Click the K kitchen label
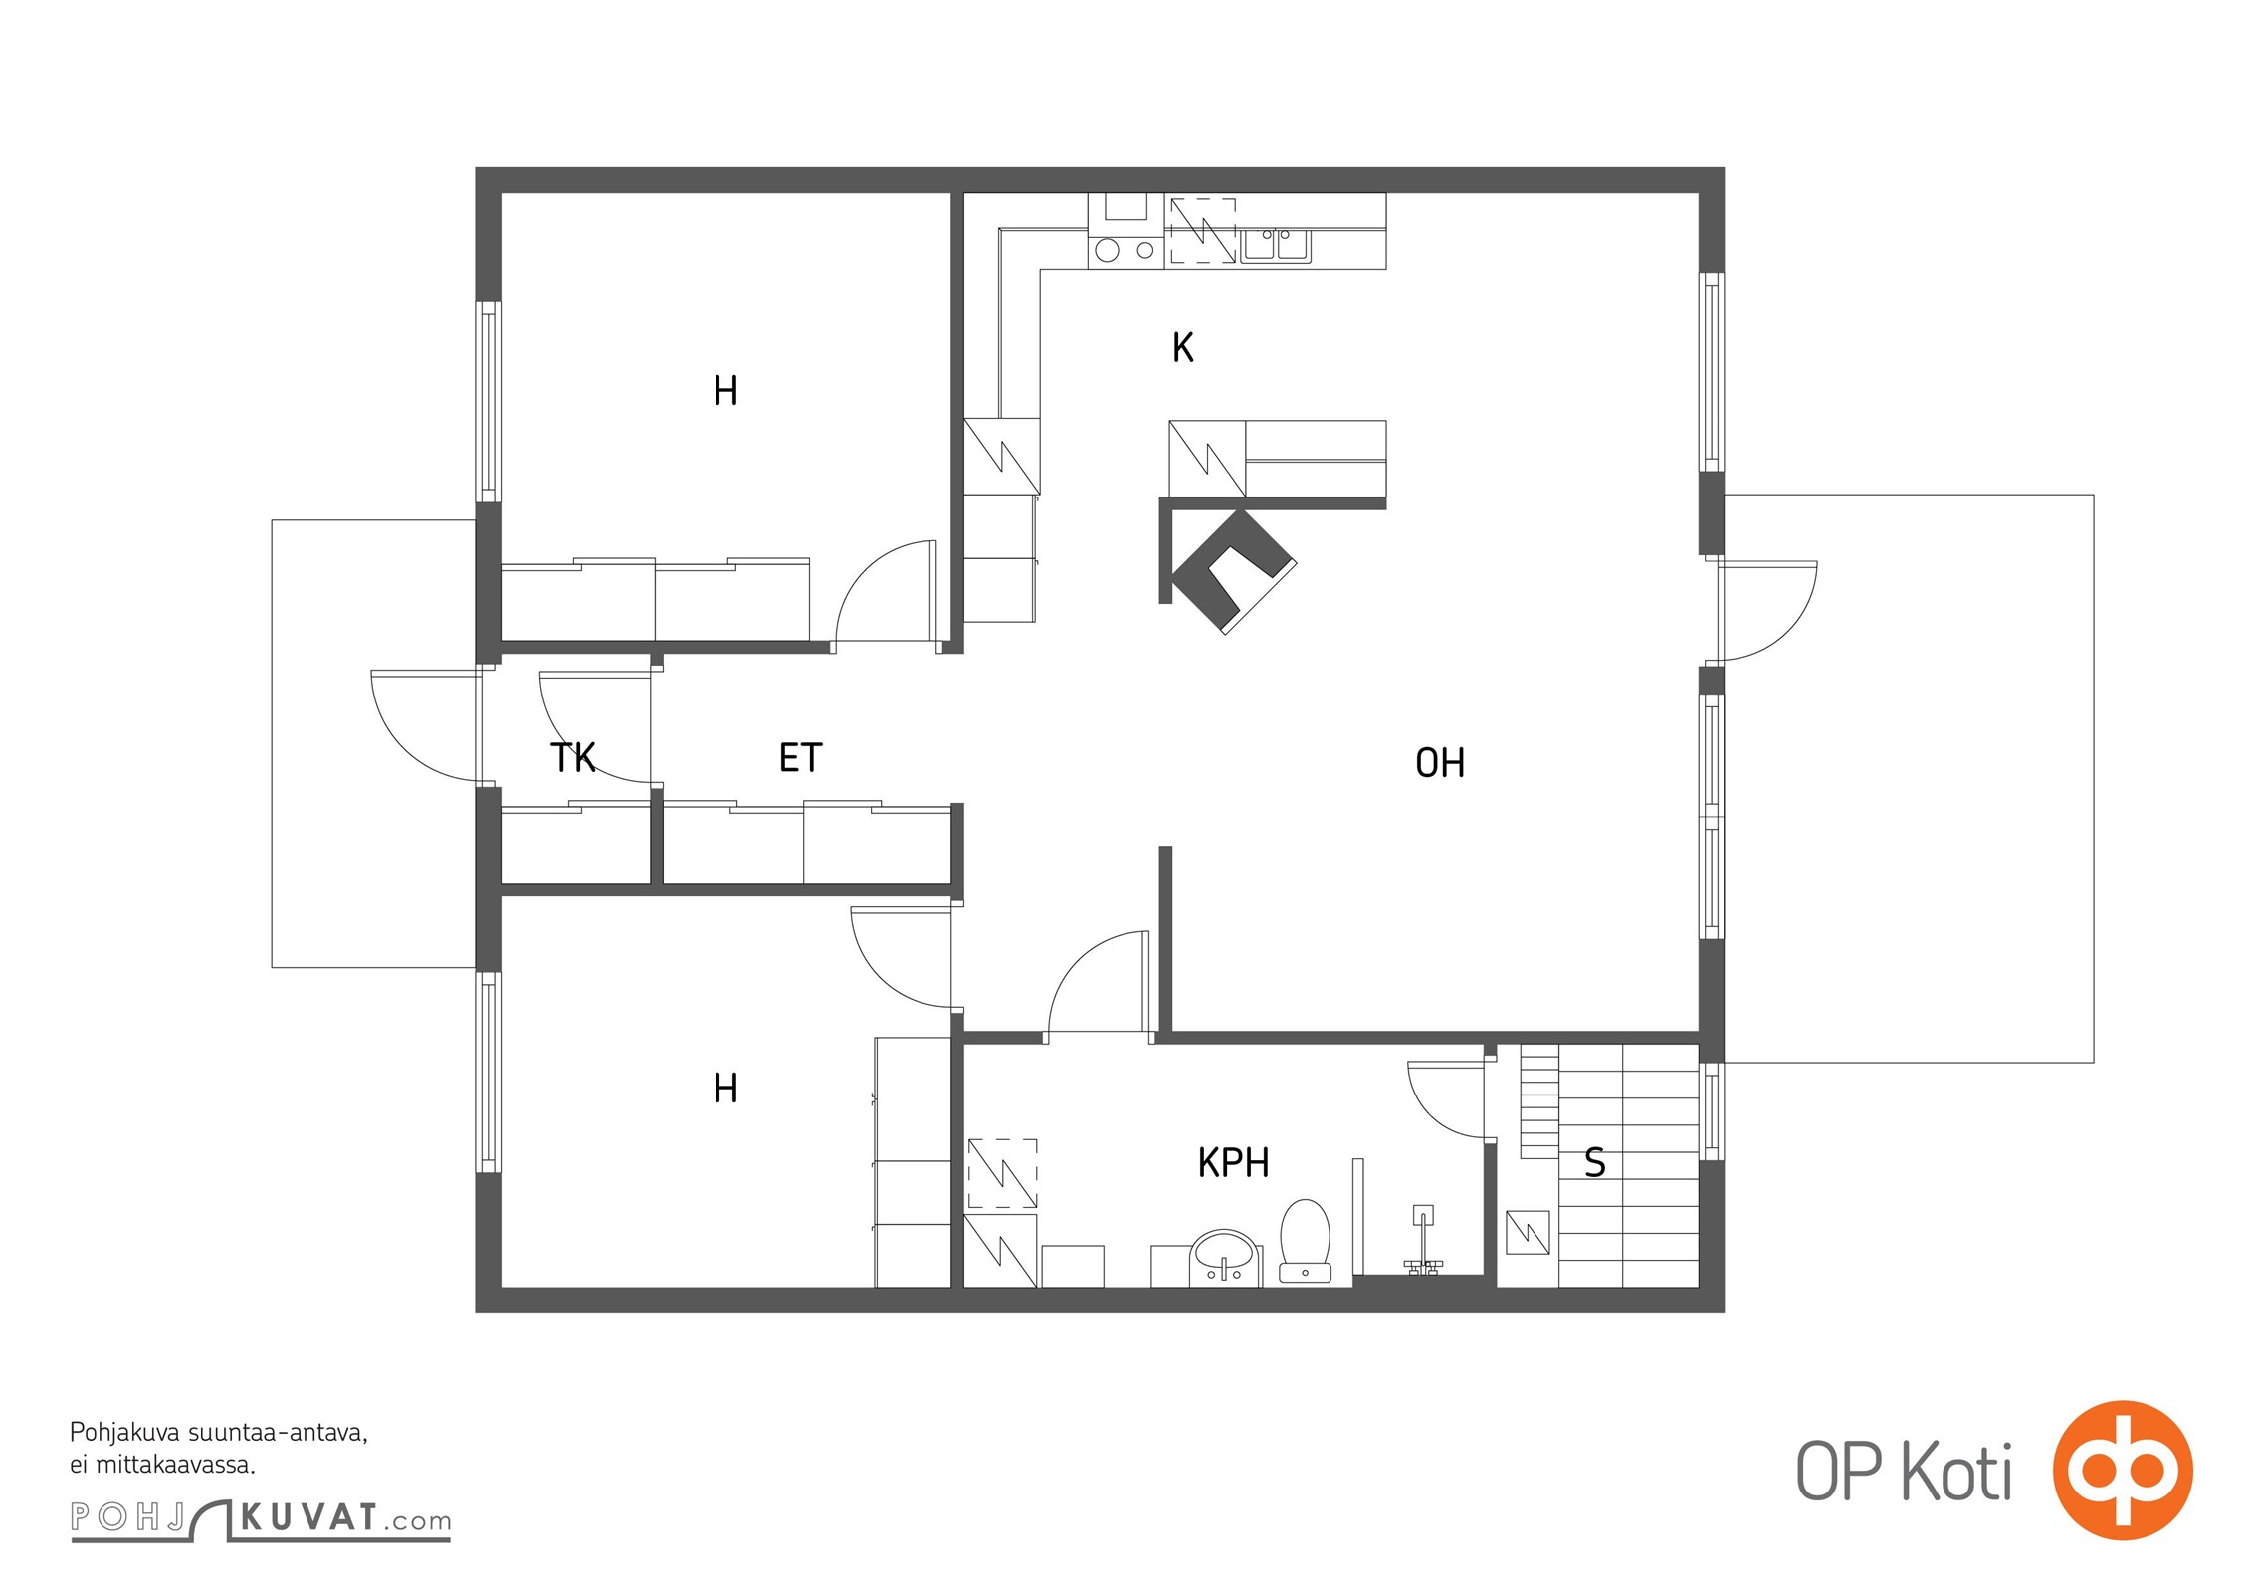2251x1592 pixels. (x=1182, y=347)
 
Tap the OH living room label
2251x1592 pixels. (x=1440, y=763)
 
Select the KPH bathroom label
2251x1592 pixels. (x=1233, y=1162)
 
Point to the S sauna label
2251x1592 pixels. (x=1594, y=1162)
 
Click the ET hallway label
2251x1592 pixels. (x=800, y=758)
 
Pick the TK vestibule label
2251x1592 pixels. (x=572, y=758)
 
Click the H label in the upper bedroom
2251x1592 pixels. (x=725, y=391)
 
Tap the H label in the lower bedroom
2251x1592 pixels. (x=725, y=1089)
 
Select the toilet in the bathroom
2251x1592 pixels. (x=1305, y=1240)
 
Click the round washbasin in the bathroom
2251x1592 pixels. (x=1225, y=1256)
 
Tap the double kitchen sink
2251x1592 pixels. (x=1276, y=245)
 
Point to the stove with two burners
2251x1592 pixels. (x=1125, y=250)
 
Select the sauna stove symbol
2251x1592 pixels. (x=1528, y=1232)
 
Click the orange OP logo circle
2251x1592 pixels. (x=2123, y=1470)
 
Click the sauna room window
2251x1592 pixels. (x=1711, y=1110)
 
